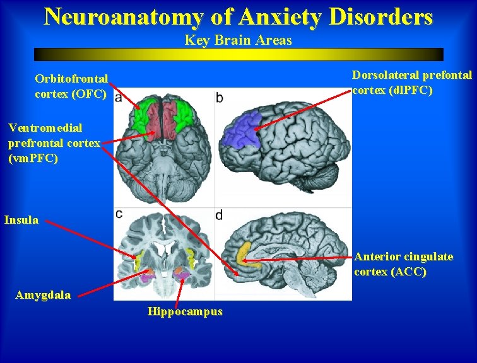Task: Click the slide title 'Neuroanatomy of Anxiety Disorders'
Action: point(238,16)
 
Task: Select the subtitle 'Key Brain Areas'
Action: point(238,40)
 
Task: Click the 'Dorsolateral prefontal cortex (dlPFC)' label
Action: point(411,83)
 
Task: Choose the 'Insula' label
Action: point(21,221)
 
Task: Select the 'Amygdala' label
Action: point(43,295)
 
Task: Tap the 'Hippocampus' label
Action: point(185,311)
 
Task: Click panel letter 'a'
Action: point(119,98)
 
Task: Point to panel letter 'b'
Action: point(219,98)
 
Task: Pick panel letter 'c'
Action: point(119,214)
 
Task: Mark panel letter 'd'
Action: point(219,216)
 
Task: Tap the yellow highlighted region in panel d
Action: point(243,253)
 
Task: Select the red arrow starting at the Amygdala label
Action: point(110,284)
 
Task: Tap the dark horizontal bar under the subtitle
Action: point(238,54)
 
